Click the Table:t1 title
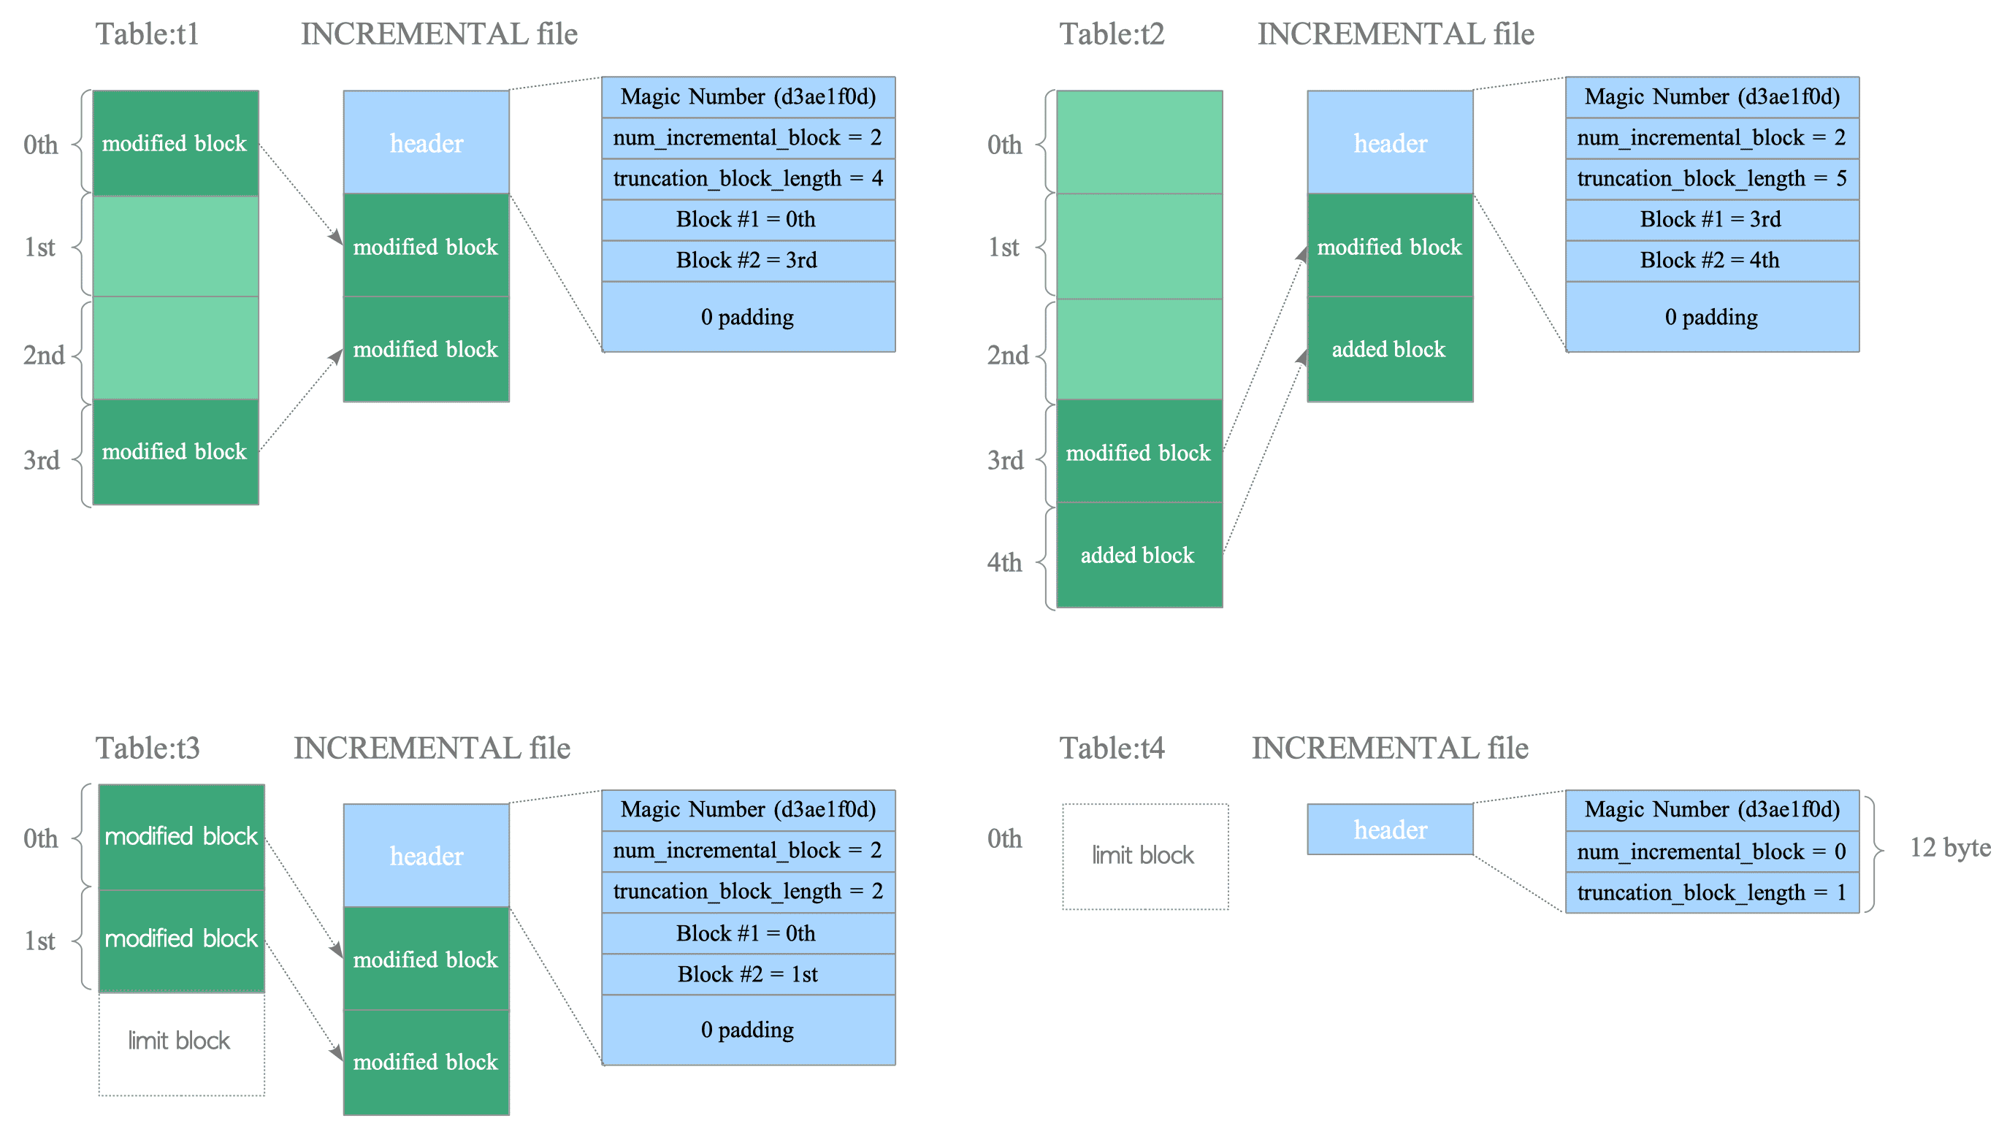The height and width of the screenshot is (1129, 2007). [x=148, y=34]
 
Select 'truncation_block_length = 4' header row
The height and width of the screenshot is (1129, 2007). [x=748, y=179]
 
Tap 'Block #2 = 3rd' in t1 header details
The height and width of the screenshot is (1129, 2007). [x=748, y=260]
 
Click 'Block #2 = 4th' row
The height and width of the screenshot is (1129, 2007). [x=1712, y=260]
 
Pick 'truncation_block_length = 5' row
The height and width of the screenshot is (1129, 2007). [x=1712, y=179]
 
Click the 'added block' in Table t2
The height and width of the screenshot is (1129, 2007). [x=1139, y=555]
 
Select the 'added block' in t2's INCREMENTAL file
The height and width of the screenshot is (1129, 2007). [x=1390, y=349]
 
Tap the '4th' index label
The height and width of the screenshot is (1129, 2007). [x=1004, y=562]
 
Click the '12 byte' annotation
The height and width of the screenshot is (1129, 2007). [x=1949, y=847]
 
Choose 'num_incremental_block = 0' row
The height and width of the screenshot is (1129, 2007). [x=1712, y=851]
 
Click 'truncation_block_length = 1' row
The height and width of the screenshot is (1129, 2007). [x=1712, y=893]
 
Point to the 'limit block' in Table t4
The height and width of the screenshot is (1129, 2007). [x=1145, y=857]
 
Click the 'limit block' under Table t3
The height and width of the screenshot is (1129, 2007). [x=182, y=1044]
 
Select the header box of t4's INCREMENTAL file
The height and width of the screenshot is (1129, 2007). [x=1390, y=830]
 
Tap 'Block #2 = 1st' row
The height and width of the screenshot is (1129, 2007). [x=748, y=975]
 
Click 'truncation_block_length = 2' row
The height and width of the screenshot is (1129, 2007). [x=748, y=892]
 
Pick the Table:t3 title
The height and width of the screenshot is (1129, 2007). [x=148, y=748]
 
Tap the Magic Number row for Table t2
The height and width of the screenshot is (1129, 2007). [x=1712, y=97]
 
